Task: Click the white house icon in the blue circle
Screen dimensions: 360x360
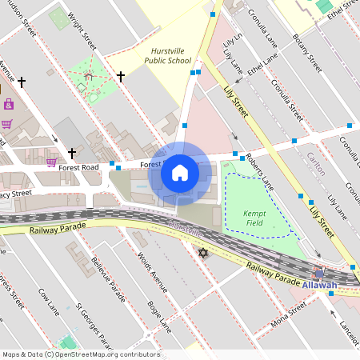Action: click(180, 173)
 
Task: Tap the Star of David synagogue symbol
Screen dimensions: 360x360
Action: click(202, 254)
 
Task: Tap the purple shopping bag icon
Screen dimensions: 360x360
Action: click(9, 104)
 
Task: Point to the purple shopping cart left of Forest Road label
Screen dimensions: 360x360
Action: click(51, 162)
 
